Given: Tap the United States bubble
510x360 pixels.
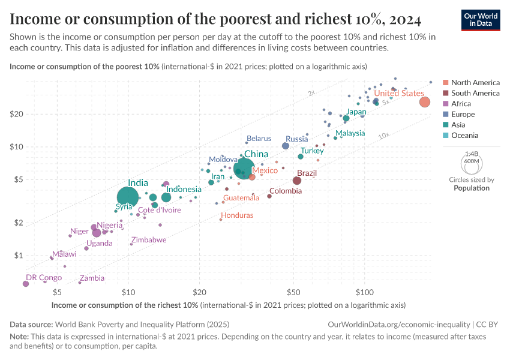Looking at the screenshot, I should (424, 102).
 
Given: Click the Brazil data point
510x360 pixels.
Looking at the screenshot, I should (297, 181).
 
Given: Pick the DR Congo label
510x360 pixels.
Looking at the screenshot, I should (43, 278).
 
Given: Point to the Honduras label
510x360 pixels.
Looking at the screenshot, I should (237, 215).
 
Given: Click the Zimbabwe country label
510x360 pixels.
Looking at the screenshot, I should (149, 239).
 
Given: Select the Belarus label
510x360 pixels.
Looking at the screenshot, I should (259, 139).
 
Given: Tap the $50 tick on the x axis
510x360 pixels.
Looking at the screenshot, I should (293, 292).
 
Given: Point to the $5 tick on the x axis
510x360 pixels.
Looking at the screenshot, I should (57, 292).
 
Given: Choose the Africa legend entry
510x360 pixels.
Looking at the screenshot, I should (461, 104).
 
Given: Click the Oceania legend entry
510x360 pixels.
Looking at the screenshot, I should (465, 136).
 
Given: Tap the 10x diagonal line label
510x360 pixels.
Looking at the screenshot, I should (384, 137).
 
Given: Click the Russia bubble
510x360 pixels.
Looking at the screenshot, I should (286, 146).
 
